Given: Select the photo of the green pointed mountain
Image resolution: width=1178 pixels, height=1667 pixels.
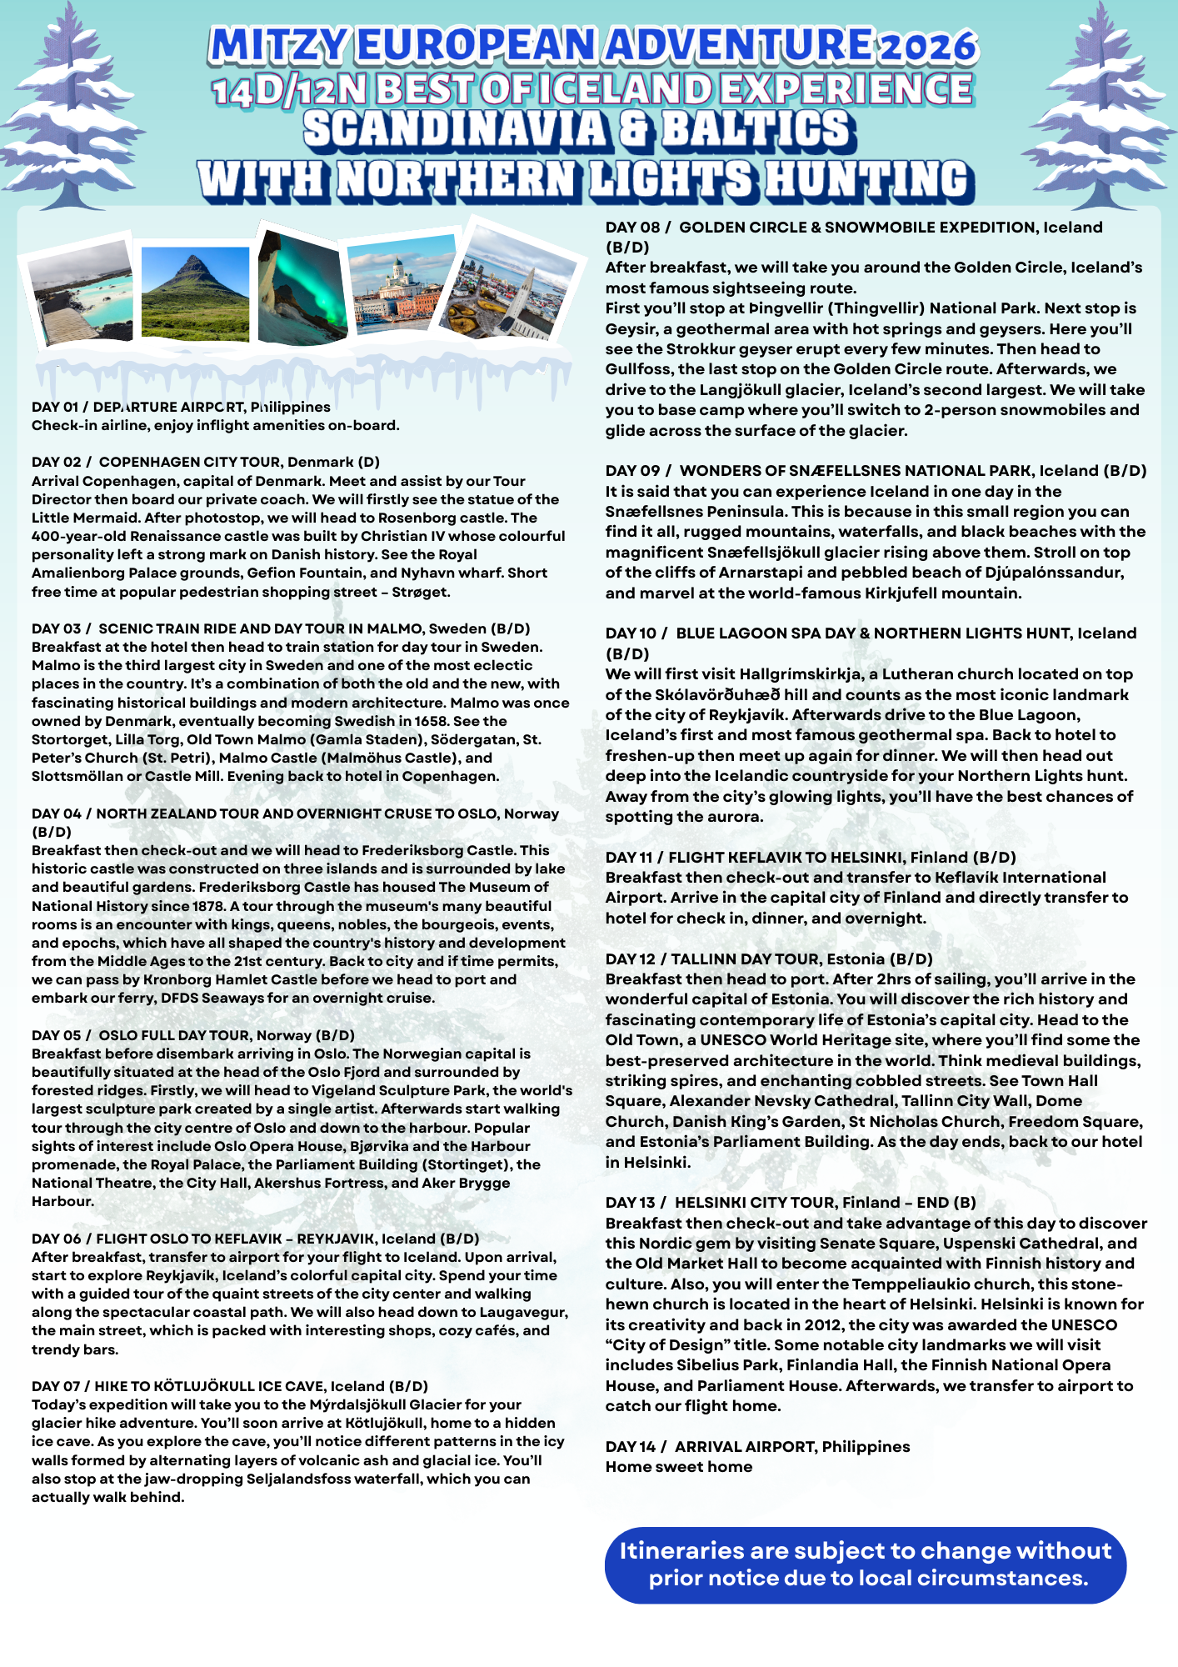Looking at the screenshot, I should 195,292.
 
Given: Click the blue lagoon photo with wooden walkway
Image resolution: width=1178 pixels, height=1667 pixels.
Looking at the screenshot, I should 80,292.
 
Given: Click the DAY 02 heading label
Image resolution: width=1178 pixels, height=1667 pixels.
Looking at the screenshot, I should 57,462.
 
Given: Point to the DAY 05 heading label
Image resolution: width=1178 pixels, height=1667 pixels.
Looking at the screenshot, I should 57,1035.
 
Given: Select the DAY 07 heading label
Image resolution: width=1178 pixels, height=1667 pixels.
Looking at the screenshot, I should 57,1386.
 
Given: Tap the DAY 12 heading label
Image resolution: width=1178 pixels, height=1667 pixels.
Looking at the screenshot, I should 630,959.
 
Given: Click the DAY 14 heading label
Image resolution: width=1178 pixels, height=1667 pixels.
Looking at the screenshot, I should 631,1447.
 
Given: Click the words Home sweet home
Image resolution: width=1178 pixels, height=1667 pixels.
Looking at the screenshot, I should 678,1467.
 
